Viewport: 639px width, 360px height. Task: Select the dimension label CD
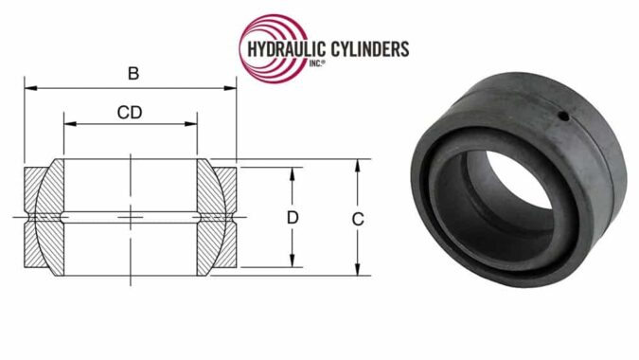click(131, 113)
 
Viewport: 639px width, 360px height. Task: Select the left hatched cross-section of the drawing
click(45, 218)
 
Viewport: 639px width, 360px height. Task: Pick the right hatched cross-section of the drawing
click(216, 218)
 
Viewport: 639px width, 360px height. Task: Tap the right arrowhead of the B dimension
click(230, 89)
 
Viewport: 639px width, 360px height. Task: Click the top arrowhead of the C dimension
click(357, 164)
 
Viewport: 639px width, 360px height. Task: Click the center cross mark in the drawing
click(131, 218)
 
